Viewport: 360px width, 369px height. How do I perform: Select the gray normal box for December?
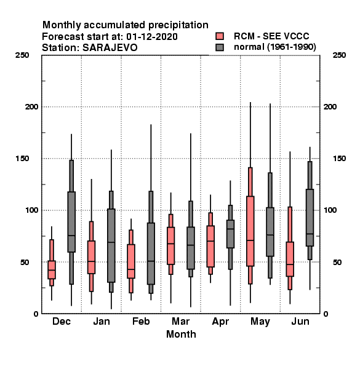tap(71, 222)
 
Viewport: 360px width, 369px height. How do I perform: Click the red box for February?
tap(131, 261)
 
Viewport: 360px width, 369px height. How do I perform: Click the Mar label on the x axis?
tap(180, 321)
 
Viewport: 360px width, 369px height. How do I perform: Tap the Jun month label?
tap(300, 321)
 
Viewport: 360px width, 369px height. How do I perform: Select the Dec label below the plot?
tap(62, 321)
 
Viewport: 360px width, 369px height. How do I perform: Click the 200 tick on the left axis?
tap(31, 106)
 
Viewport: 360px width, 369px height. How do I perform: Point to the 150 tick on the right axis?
tap(339, 159)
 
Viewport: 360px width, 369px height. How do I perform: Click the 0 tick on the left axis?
tap(36, 314)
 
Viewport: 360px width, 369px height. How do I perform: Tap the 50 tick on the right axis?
tap(337, 262)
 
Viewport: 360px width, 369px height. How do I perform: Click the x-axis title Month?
tap(181, 334)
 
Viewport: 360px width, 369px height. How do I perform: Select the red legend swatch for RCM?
tap(220, 36)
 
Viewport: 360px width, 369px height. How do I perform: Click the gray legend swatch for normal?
tap(220, 47)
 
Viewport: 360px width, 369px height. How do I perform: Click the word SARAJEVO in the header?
tap(110, 48)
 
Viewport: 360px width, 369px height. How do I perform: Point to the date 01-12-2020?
tap(152, 37)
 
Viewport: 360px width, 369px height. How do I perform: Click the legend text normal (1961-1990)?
tap(275, 47)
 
